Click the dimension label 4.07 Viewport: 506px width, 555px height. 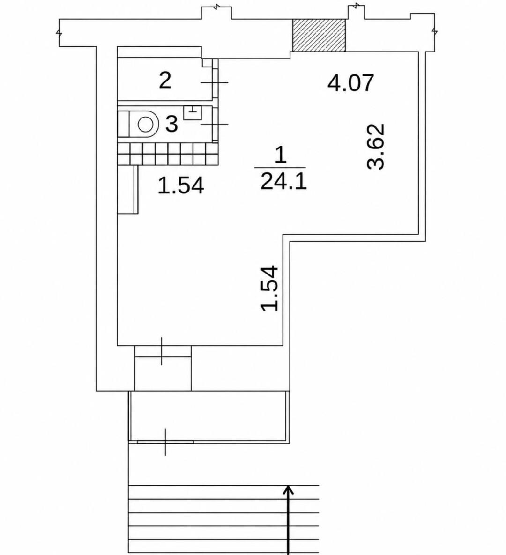coord(350,83)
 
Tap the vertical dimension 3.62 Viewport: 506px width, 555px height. coord(376,146)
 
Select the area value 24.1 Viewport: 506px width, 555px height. coord(283,182)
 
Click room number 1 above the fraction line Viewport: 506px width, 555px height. coord(281,155)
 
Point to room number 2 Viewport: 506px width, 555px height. coord(165,80)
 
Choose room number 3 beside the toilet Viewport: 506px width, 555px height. coord(172,124)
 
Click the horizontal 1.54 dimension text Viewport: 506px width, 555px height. coord(180,185)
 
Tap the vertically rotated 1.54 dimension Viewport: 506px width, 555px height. coord(270,288)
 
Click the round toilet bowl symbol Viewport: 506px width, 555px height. coord(145,125)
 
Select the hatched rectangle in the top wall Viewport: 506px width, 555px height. coord(319,35)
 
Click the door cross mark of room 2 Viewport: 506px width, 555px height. coord(214,82)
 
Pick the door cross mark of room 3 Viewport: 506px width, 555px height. coord(214,124)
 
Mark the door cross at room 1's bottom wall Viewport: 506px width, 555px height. coord(162,351)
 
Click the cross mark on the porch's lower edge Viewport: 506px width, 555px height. coord(165,442)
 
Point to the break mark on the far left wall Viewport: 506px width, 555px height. coord(59,32)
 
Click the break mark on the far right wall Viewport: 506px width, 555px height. coord(434,31)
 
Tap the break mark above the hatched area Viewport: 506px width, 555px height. coord(357,6)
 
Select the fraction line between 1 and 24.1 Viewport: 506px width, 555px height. coord(280,167)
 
